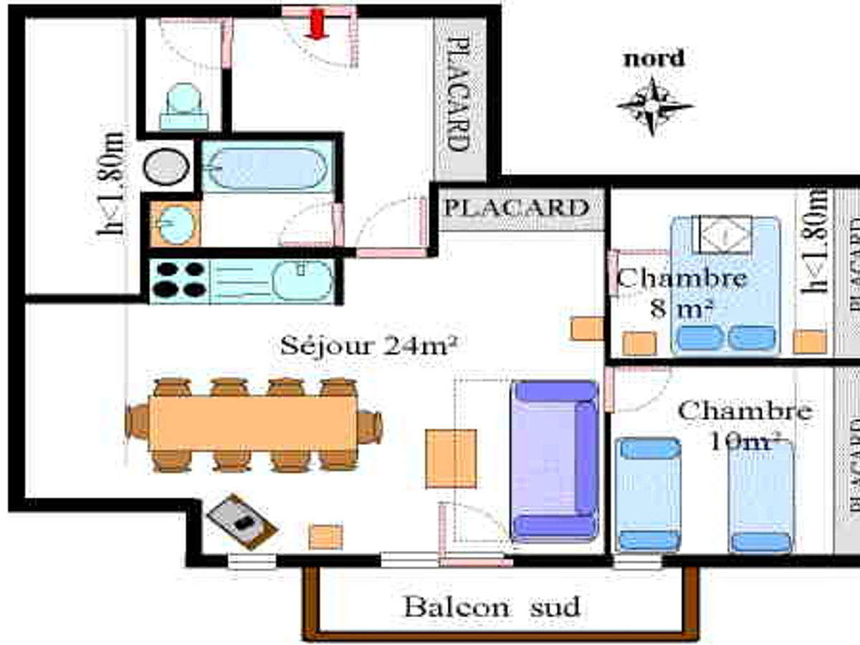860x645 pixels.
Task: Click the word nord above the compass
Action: click(x=654, y=59)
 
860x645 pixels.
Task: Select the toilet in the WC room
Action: click(x=184, y=107)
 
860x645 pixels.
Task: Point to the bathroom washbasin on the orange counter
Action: click(x=173, y=224)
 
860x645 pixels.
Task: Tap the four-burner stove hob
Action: click(x=179, y=279)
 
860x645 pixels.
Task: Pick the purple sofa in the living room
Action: click(x=554, y=460)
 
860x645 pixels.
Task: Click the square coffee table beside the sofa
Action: click(x=451, y=459)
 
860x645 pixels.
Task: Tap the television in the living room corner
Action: click(x=242, y=521)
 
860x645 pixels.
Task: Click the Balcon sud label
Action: click(x=492, y=607)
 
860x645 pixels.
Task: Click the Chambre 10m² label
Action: click(x=745, y=426)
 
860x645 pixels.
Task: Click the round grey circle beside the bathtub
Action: click(x=166, y=168)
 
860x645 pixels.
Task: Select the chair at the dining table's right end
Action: click(x=370, y=426)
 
